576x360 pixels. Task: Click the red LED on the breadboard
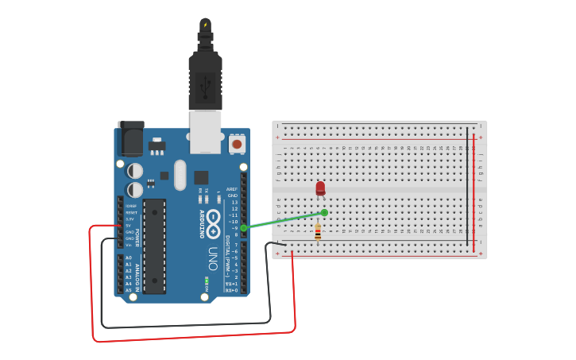(320, 188)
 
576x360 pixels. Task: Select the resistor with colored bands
(318, 232)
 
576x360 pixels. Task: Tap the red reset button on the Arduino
(237, 145)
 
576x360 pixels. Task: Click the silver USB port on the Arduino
(205, 131)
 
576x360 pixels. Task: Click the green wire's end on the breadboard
(324, 212)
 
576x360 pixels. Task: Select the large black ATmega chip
(154, 246)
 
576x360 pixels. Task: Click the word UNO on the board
(213, 259)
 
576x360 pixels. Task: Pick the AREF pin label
(232, 189)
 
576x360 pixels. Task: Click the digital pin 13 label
(234, 202)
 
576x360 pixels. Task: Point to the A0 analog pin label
(129, 257)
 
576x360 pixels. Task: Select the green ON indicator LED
(207, 281)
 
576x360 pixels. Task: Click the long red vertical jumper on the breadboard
(475, 191)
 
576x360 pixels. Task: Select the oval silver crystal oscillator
(180, 175)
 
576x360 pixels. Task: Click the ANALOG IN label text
(137, 275)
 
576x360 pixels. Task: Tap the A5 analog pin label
(129, 290)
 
